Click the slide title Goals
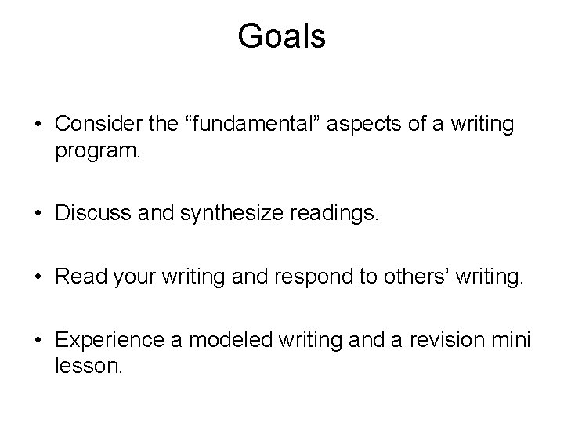[281, 36]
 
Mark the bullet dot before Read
[38, 277]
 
